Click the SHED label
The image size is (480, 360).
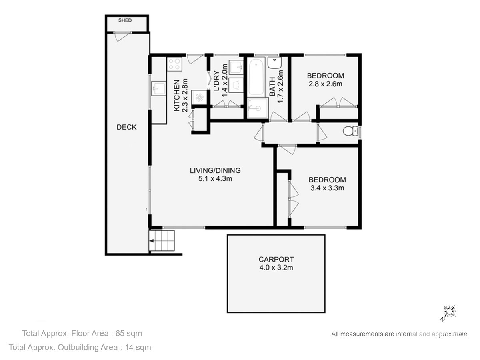click(125, 20)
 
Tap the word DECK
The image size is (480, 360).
click(126, 127)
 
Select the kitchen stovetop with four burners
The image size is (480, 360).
click(174, 64)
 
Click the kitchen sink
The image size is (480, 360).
click(158, 88)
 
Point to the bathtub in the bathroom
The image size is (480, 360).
click(256, 76)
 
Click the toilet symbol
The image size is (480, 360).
click(350, 131)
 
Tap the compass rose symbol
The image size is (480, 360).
click(449, 314)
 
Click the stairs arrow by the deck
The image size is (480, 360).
click(151, 241)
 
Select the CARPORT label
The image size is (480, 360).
click(276, 259)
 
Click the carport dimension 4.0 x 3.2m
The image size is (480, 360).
click(276, 268)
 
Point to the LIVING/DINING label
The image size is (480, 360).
click(215, 170)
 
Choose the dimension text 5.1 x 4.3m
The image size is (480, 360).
click(215, 178)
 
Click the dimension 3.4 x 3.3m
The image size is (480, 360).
click(327, 188)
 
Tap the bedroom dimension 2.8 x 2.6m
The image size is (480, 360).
click(325, 84)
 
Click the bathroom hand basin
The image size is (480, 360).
click(275, 63)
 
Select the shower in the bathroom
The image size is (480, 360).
click(258, 108)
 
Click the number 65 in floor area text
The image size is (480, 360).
click(120, 333)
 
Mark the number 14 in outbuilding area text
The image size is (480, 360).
click(129, 347)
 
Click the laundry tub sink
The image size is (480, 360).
click(236, 67)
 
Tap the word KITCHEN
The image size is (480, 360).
click(177, 95)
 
